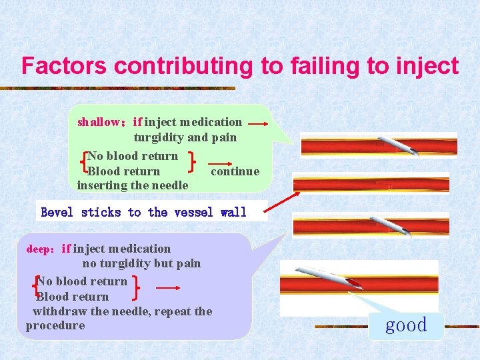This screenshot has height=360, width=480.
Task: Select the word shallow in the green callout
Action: (x=96, y=122)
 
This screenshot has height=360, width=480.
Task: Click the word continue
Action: (x=235, y=171)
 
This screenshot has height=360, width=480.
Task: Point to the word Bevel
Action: (x=58, y=213)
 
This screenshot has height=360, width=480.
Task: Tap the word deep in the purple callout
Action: (x=38, y=249)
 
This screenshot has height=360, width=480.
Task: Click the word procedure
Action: (x=55, y=325)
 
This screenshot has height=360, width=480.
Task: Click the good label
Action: (x=406, y=325)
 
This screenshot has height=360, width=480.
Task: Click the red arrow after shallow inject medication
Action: (x=257, y=124)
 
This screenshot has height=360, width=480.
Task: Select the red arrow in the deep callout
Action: (x=169, y=288)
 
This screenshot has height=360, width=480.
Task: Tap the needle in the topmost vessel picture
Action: (x=399, y=146)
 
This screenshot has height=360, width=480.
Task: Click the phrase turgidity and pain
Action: (x=185, y=138)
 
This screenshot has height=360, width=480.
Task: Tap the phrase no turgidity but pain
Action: (x=141, y=263)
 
